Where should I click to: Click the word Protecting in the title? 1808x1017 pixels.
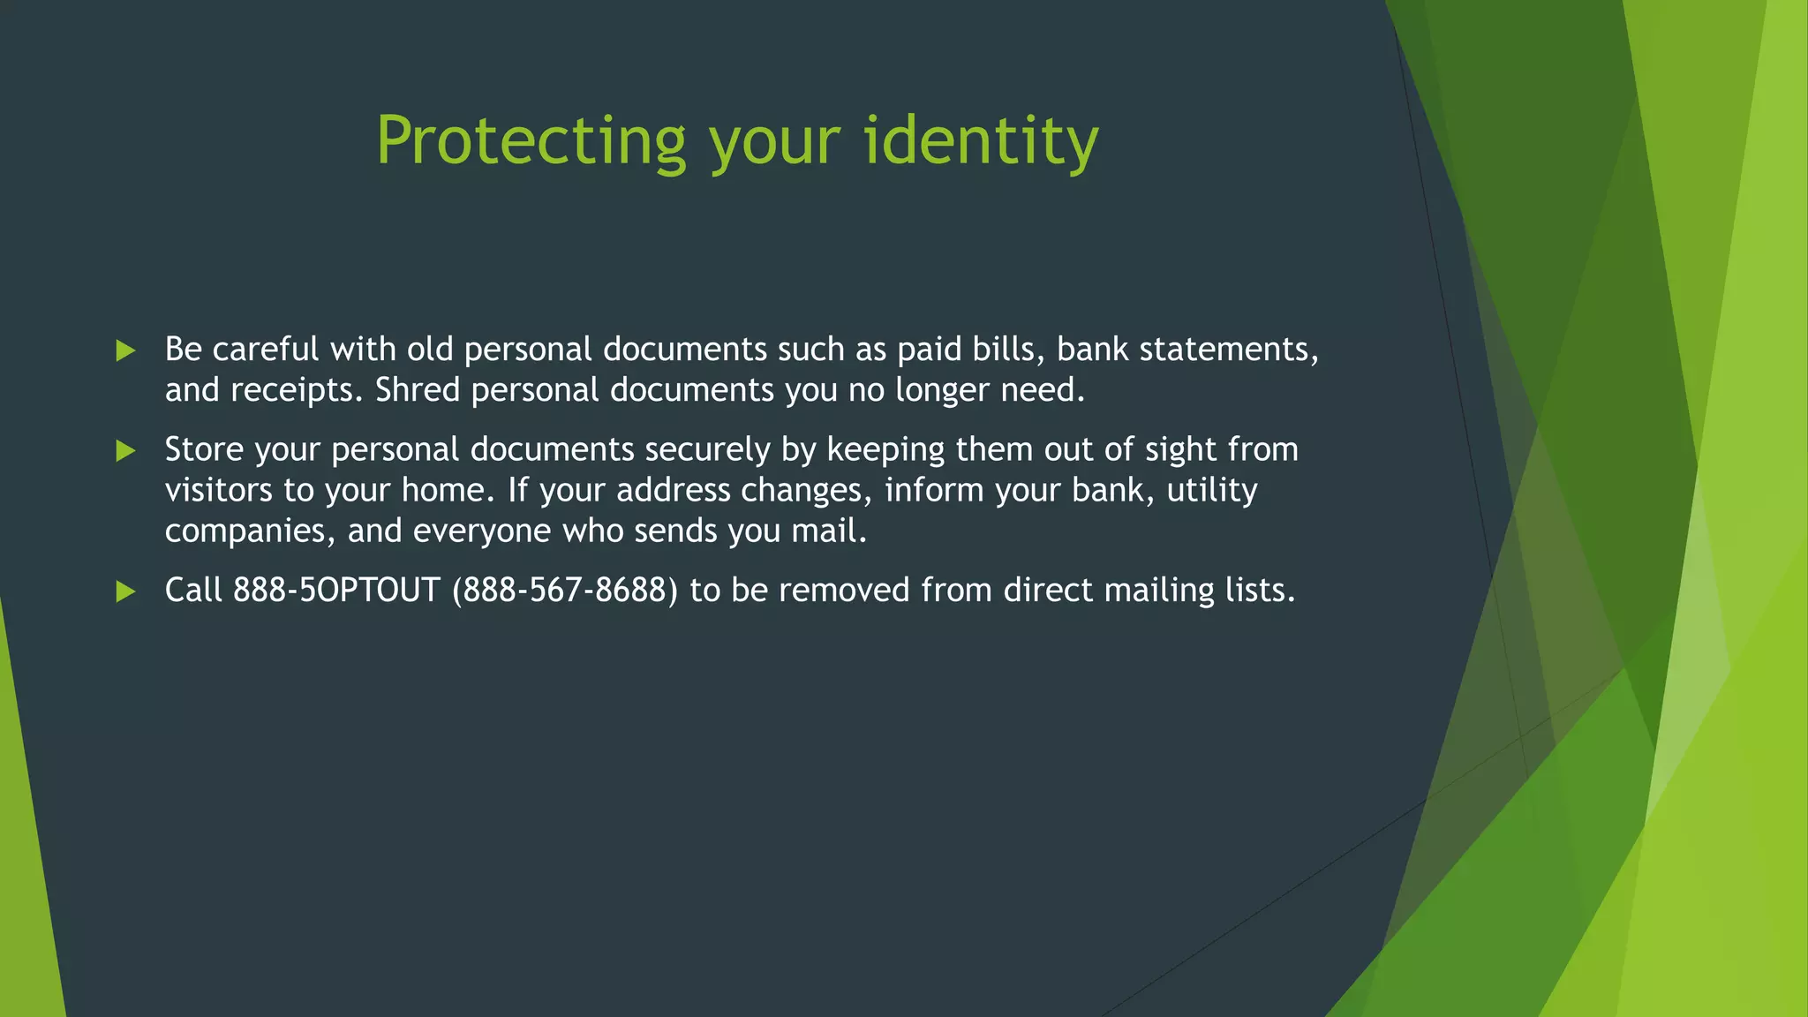531,141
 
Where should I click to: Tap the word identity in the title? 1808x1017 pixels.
980,141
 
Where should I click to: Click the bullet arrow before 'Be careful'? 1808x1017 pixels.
125,350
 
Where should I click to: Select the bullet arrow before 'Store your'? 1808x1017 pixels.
125,451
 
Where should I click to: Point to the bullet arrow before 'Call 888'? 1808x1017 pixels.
125,591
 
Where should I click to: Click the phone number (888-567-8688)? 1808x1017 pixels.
565,590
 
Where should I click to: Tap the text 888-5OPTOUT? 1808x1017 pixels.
336,590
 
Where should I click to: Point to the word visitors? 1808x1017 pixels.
219,490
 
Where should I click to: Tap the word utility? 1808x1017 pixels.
1211,491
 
